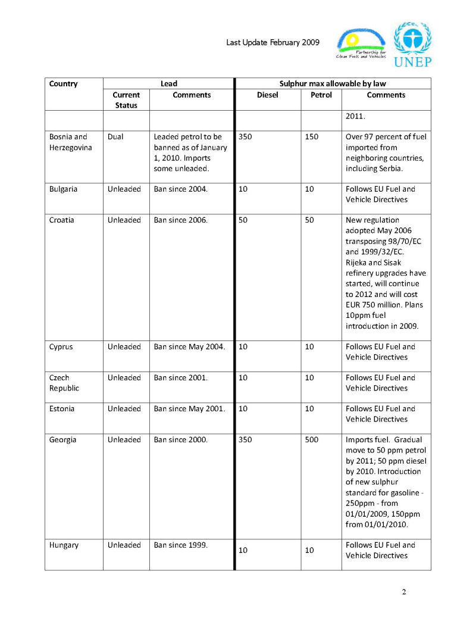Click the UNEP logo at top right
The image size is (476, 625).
pos(412,44)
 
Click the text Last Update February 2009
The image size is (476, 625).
pos(273,42)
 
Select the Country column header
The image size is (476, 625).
pos(63,84)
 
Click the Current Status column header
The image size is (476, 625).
pos(126,100)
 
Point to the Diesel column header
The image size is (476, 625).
pos(267,95)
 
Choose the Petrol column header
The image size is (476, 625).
pos(321,95)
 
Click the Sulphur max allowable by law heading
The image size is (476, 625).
pos(333,84)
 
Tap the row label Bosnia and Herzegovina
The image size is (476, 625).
pos(70,142)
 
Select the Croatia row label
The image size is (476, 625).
pos(63,220)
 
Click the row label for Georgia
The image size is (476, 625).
pos(62,440)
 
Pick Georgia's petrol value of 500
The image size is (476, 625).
pos(311,440)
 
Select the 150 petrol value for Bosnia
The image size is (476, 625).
pos(311,137)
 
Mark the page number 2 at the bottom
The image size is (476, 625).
pos(404,592)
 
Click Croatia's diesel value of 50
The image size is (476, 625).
pos(243,220)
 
